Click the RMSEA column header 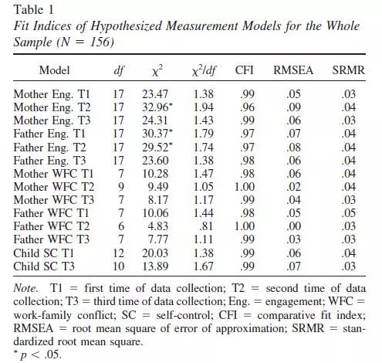click(293, 70)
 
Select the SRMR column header click(349, 70)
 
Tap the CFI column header click(244, 70)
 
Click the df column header click(119, 70)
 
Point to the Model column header click(54, 70)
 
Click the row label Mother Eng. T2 click(52, 107)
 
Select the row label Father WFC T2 click(52, 226)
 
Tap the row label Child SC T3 click(44, 266)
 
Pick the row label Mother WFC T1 click(53, 174)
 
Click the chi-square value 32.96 click(155, 107)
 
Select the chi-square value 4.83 click(158, 226)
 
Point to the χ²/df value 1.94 click(203, 107)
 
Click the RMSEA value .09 click(293, 107)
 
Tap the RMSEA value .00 click(293, 226)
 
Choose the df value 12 click(119, 253)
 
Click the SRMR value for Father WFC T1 click(349, 213)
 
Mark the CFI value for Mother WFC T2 click(245, 187)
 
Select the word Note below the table click(25, 288)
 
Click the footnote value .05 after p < click(52, 355)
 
